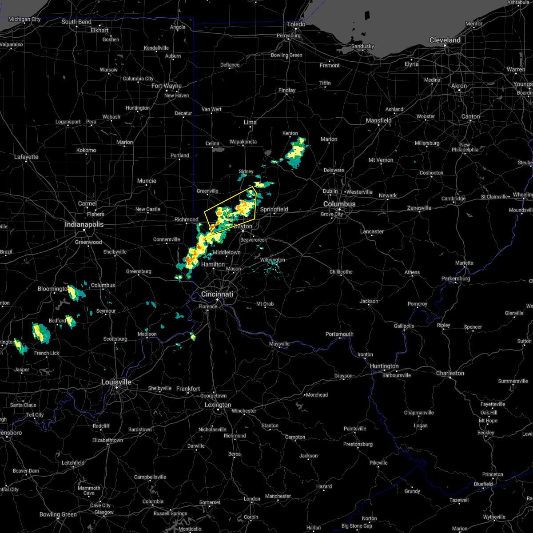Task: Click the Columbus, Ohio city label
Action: coord(339,204)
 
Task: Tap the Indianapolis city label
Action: coord(84,224)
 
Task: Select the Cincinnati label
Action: coord(217,294)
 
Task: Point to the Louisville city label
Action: coord(116,382)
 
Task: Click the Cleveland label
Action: coord(445,40)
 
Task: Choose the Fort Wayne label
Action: coord(167,86)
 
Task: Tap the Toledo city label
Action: coord(296,24)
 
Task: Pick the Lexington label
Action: coord(218,405)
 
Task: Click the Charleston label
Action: coord(450,373)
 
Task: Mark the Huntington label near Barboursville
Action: coord(384,366)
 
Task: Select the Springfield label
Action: coord(274,209)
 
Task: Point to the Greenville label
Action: coord(207,191)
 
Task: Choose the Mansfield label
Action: coord(378,120)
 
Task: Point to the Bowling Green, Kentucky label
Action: coord(58,514)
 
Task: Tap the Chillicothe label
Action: coord(341,272)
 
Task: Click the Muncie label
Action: coord(147,181)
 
